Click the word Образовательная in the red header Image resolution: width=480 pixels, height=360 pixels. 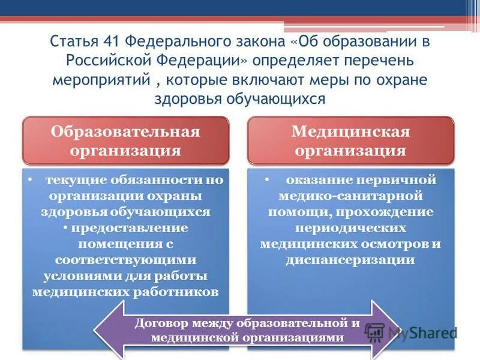pyautogui.click(x=125, y=131)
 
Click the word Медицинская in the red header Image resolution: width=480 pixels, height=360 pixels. pyautogui.click(x=351, y=131)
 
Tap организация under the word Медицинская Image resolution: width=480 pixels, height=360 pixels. pyautogui.click(x=351, y=149)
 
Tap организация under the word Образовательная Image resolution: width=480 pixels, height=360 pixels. pyautogui.click(x=125, y=149)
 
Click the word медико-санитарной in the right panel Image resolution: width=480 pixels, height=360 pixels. pyautogui.click(x=351, y=196)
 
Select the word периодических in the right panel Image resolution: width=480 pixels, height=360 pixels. pyautogui.click(x=351, y=228)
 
